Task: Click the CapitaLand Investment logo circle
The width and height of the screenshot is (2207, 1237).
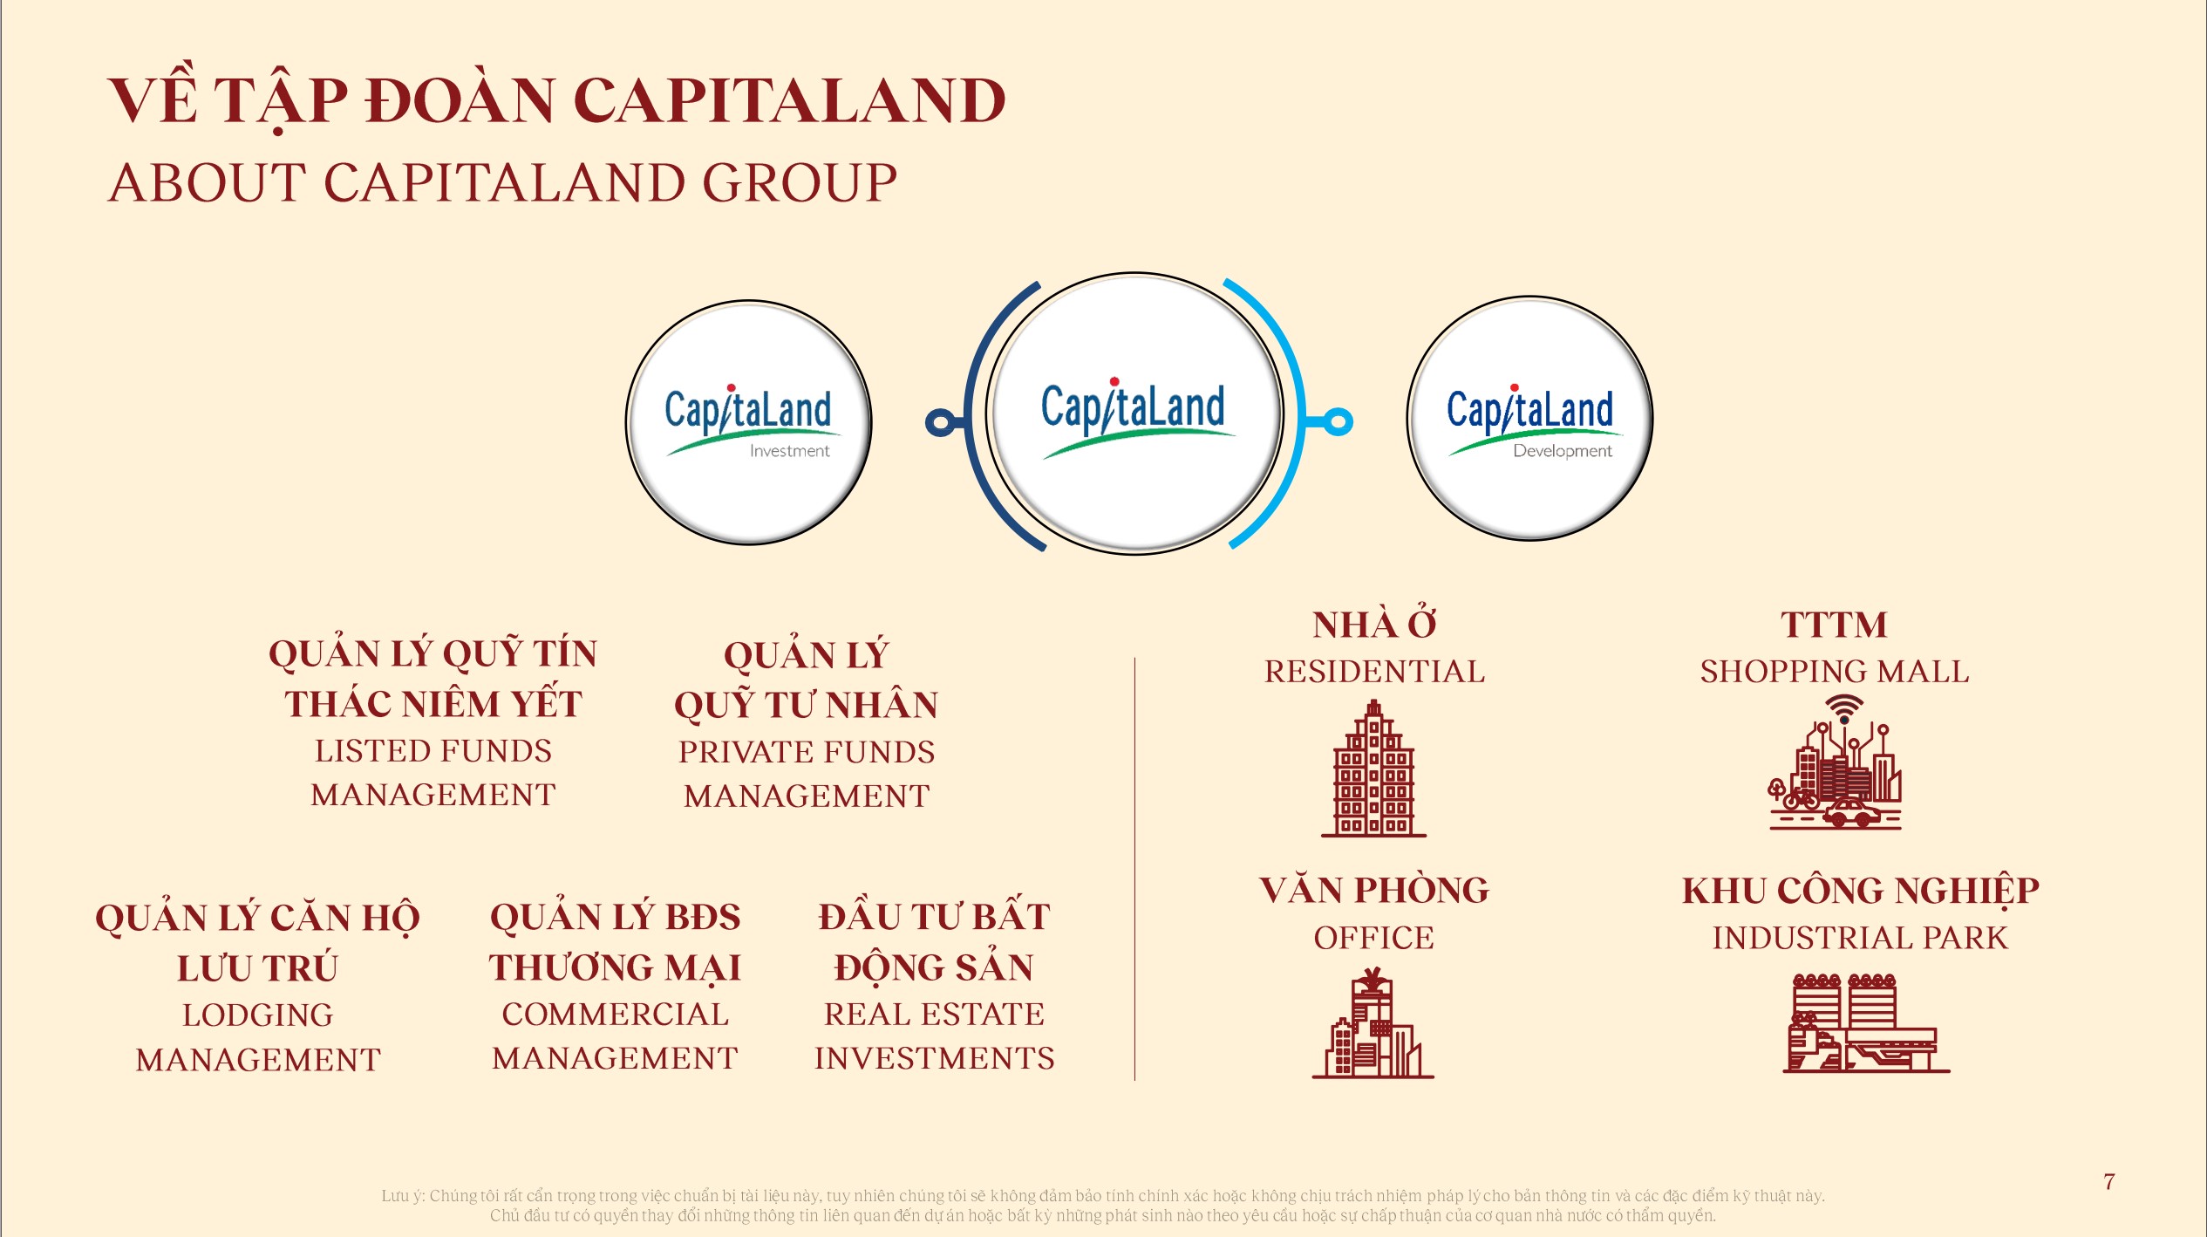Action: [748, 423]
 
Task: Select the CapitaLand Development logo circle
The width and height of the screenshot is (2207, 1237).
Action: [1529, 420]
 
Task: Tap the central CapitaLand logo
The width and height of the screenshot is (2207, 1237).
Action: [1134, 413]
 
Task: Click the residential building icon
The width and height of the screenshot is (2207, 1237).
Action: [1373, 769]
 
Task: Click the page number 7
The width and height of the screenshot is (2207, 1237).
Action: [2108, 1181]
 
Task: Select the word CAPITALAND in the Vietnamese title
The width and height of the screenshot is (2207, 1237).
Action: [789, 100]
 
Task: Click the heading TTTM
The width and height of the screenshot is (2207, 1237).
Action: [1834, 625]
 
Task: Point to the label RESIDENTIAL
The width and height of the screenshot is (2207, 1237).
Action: [1374, 672]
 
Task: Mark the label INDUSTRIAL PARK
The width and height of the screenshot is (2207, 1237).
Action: [1860, 938]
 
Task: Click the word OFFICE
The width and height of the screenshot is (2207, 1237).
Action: [1373, 938]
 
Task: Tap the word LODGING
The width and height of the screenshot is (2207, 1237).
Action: [257, 1015]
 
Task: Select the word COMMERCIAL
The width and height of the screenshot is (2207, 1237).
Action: [615, 1015]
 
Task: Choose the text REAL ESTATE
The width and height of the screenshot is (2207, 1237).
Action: [934, 1015]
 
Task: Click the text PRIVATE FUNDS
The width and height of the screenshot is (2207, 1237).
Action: [807, 752]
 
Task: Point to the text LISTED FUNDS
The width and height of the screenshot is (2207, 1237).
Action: [433, 751]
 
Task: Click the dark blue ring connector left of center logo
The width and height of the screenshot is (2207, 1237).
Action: [939, 422]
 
